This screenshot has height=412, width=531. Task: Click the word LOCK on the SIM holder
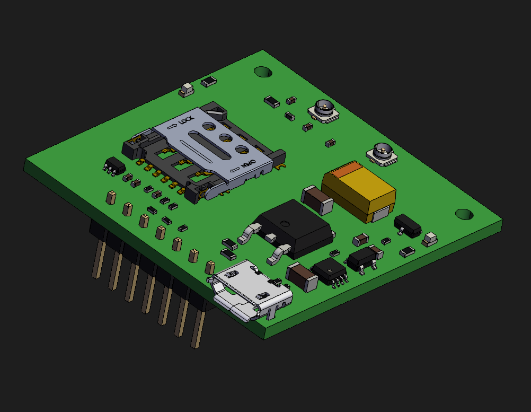tap(187, 120)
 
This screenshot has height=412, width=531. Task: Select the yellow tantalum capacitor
tap(359, 191)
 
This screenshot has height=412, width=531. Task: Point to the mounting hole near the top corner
tap(263, 72)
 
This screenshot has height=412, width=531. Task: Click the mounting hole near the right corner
tap(464, 214)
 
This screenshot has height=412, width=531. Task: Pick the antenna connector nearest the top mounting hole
tap(324, 110)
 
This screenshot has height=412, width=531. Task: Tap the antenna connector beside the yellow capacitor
tap(382, 154)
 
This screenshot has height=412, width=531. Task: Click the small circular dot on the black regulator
tap(285, 224)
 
